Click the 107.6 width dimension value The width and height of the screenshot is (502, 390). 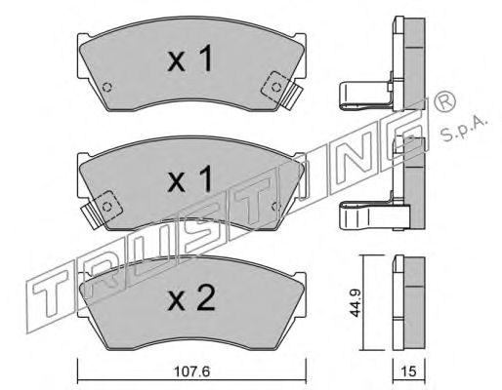[192, 371]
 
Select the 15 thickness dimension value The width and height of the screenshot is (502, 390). [409, 371]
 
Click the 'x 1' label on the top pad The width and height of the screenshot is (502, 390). [189, 58]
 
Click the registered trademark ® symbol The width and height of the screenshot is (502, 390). [445, 102]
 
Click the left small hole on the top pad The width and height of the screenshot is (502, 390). [106, 87]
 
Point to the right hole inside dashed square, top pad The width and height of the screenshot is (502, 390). [276, 87]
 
